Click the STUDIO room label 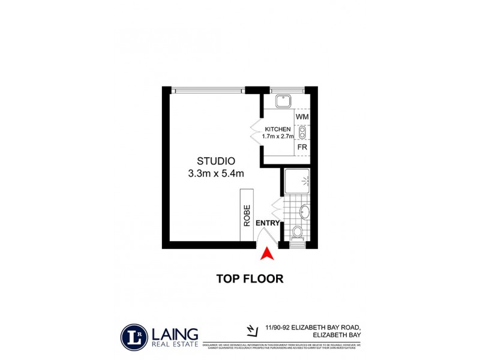click(x=215, y=161)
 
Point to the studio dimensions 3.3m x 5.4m click(x=216, y=174)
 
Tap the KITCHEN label click(x=277, y=129)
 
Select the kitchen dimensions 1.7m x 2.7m click(x=277, y=137)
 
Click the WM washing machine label click(x=302, y=116)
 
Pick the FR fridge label click(x=302, y=146)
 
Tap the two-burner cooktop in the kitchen click(x=302, y=131)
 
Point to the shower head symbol click(x=306, y=179)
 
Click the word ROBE click(x=247, y=217)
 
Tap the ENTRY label click(x=268, y=223)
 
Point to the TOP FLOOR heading click(x=250, y=278)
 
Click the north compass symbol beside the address click(x=252, y=329)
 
